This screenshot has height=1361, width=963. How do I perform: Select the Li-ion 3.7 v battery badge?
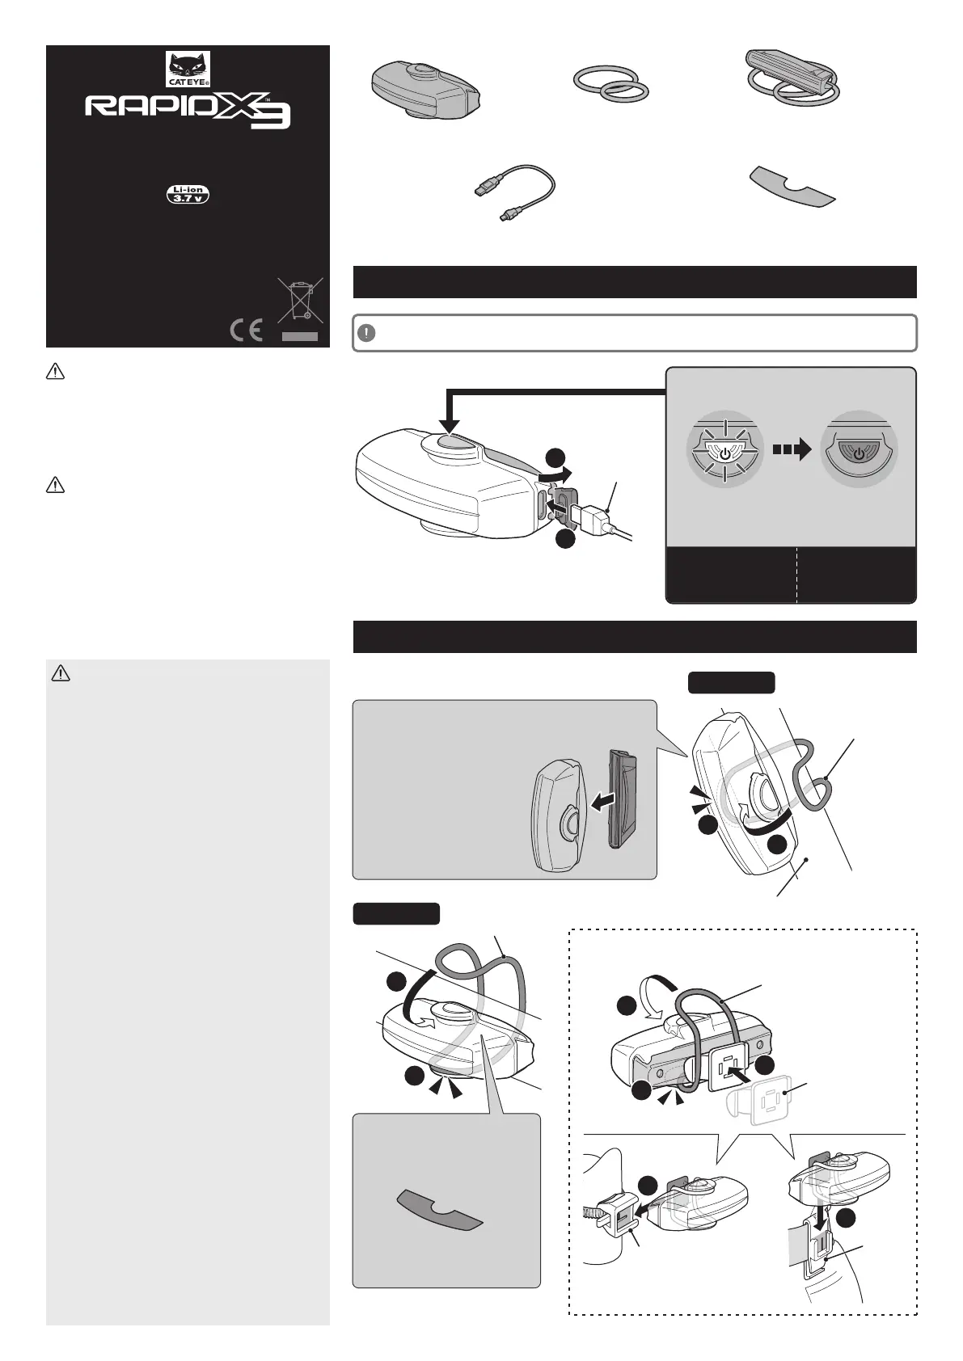[x=188, y=194]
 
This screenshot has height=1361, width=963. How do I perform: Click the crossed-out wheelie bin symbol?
[x=300, y=300]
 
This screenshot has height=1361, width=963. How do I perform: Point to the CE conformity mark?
[x=247, y=331]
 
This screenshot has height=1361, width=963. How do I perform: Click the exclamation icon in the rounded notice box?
[x=366, y=333]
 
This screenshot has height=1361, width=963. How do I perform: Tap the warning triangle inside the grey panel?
[x=61, y=673]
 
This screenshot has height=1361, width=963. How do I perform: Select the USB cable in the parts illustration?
[x=514, y=191]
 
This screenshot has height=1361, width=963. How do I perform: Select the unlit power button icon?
[x=859, y=449]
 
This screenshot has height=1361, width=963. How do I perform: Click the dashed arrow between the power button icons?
[x=792, y=450]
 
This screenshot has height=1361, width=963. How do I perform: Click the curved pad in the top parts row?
[x=792, y=188]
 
